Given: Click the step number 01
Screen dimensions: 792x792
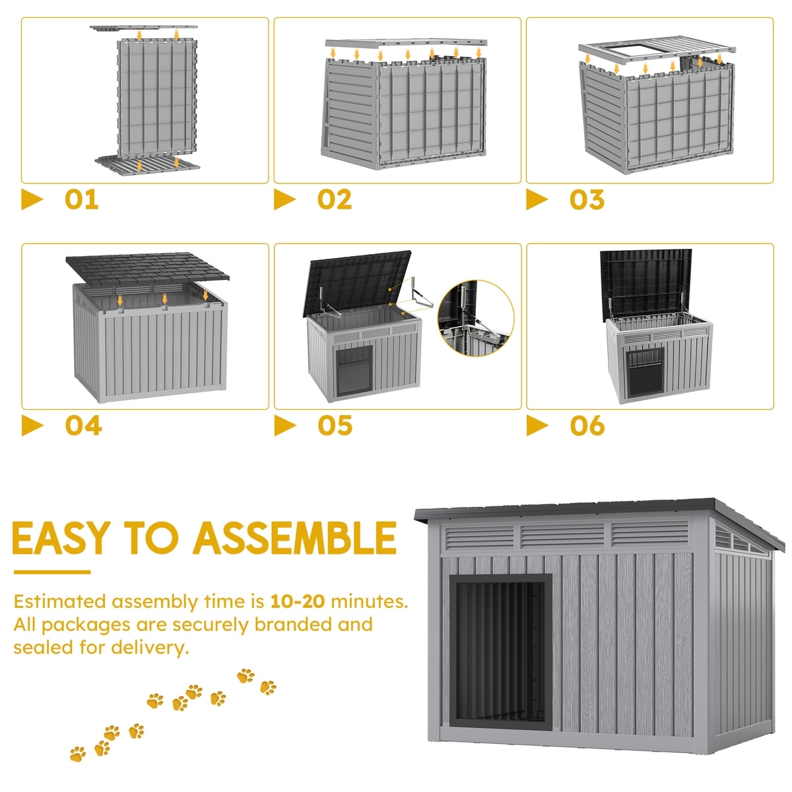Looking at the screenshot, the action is tap(81, 199).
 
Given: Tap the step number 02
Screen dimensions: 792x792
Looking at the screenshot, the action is tap(334, 199).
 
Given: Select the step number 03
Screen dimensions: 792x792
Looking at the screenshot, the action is tap(587, 199).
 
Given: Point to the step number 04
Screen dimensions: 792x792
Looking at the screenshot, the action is tap(83, 426).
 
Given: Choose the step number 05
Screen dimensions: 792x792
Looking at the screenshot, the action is tap(335, 426).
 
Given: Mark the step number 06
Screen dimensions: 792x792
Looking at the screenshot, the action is tap(587, 426).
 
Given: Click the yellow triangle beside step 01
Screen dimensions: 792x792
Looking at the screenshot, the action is tap(32, 199).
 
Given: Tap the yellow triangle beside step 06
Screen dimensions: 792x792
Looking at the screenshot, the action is tap(537, 426).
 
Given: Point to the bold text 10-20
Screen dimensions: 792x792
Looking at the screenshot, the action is tap(297, 602).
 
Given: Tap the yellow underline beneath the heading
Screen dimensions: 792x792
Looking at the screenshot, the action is tap(51, 572).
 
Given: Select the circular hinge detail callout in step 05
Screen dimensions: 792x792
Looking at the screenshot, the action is tap(475, 318).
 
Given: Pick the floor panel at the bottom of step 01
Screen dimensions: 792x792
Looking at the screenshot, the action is tap(147, 165).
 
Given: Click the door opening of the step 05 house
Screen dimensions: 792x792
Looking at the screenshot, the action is tap(354, 371).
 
